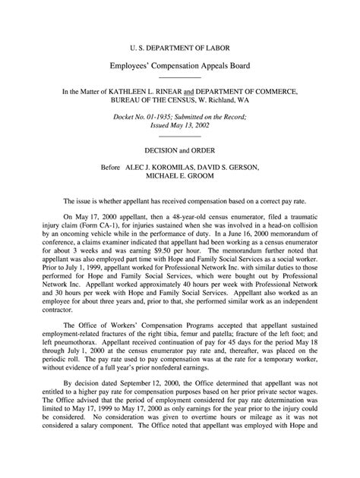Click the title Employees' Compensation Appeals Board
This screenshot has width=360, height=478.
click(x=180, y=65)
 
